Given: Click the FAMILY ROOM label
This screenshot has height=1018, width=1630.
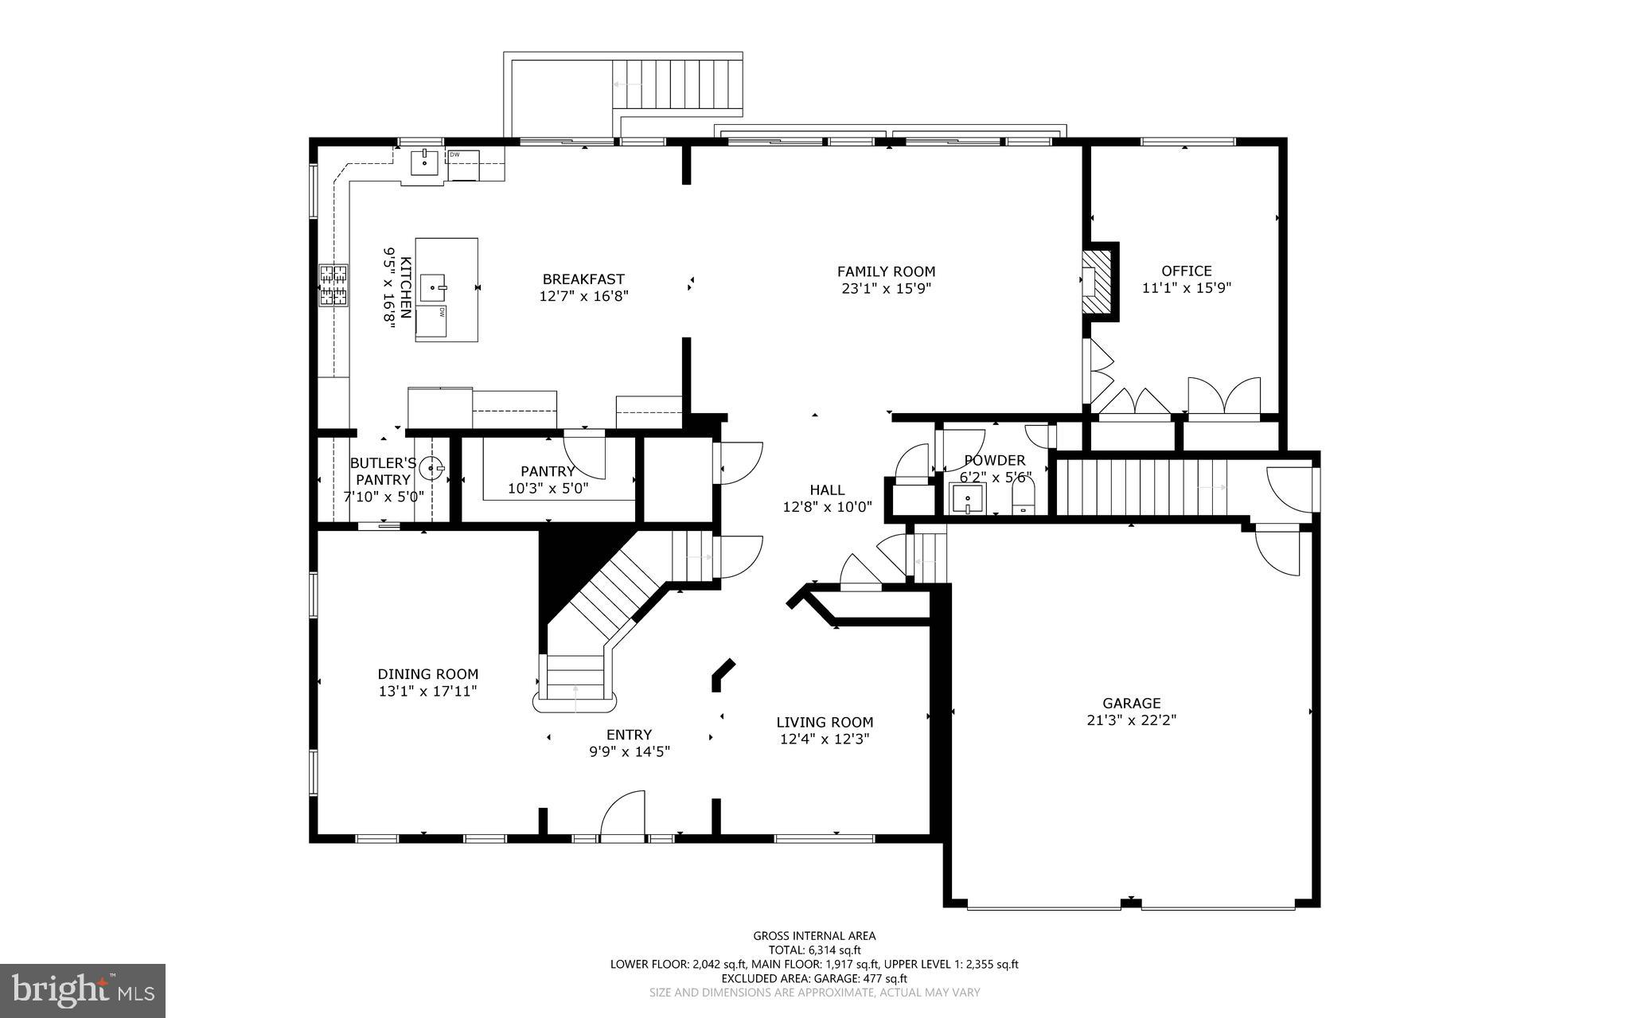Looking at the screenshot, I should click(x=886, y=271).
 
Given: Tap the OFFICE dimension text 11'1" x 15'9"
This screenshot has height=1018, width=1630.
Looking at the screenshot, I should click(x=1186, y=288).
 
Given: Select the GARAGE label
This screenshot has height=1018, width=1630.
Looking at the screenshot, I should click(x=1131, y=703).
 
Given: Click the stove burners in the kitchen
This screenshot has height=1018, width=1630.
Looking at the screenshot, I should click(x=334, y=285).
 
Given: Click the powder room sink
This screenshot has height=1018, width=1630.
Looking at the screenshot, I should click(x=967, y=499).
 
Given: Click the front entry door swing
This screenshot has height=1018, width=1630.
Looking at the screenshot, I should click(x=623, y=816).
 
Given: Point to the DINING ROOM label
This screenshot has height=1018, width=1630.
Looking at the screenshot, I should click(x=428, y=674).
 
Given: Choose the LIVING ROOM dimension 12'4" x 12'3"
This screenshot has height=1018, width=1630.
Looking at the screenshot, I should click(x=825, y=739).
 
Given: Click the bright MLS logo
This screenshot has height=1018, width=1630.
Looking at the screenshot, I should click(x=83, y=990).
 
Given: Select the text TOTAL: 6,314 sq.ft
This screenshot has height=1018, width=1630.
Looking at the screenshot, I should click(x=814, y=950).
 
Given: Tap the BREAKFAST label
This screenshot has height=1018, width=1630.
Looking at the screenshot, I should click(x=583, y=279).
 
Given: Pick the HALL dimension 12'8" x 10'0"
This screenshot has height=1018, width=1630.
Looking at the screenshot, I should click(x=827, y=506).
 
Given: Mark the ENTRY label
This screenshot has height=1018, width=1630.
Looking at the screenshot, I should click(x=629, y=735).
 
